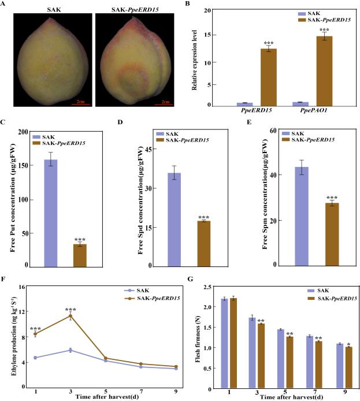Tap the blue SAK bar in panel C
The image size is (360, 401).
click(51, 212)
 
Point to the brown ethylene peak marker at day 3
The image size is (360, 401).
click(70, 316)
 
